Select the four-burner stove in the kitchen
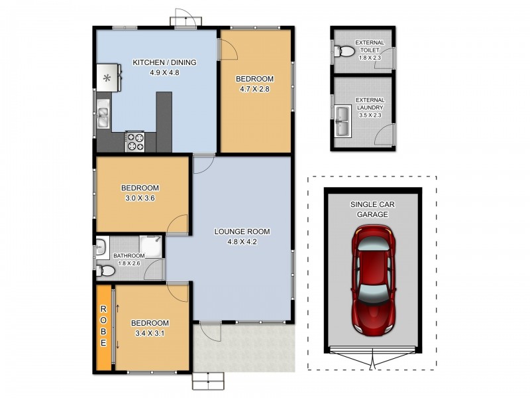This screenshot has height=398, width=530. click(x=136, y=141)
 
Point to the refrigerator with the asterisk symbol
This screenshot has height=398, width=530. click(x=108, y=78)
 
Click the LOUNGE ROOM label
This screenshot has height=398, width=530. click(x=242, y=232)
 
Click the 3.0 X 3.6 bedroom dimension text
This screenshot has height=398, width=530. click(x=139, y=198)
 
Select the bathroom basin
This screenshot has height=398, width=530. click(x=101, y=247)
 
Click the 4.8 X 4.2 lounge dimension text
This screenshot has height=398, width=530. click(x=242, y=241)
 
